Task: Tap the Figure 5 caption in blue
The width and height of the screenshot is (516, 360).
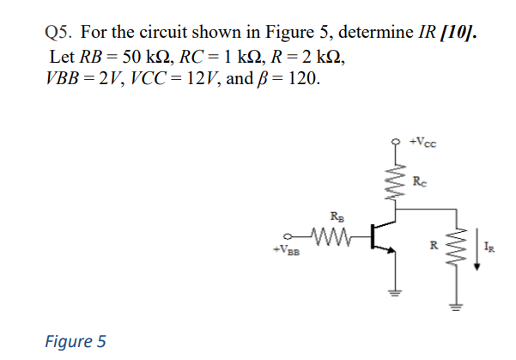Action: click(x=75, y=341)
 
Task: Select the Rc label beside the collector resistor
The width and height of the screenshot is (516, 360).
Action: click(x=418, y=181)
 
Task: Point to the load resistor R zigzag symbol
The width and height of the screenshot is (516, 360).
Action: click(x=456, y=242)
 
